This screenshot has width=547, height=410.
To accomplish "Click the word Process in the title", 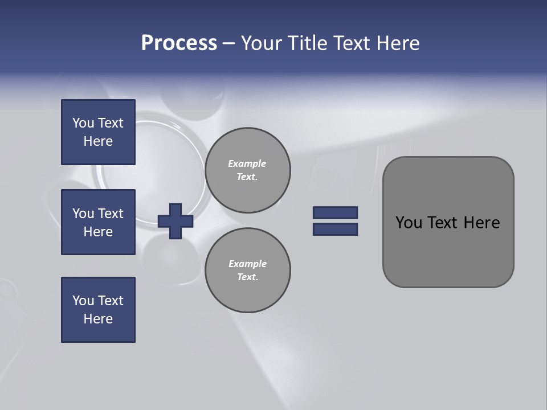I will pyautogui.click(x=179, y=43).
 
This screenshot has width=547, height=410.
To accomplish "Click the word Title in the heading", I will pyautogui.click(x=307, y=43).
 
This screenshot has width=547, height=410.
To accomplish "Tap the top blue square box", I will pyautogui.click(x=98, y=132).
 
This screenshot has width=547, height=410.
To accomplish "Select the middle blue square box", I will pyautogui.click(x=98, y=222).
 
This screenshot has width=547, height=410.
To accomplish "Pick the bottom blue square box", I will pyautogui.click(x=98, y=310).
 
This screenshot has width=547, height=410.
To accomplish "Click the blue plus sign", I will pyautogui.click(x=175, y=221).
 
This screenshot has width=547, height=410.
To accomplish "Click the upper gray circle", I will pyautogui.click(x=248, y=170).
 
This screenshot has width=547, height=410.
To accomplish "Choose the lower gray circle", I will pyautogui.click(x=248, y=270).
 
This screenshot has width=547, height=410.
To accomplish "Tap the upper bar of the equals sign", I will pyautogui.click(x=335, y=212).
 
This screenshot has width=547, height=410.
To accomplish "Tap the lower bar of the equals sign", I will pyautogui.click(x=335, y=229).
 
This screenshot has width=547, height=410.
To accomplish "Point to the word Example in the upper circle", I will pyautogui.click(x=247, y=163).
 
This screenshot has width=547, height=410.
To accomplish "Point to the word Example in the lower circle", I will pyautogui.click(x=247, y=264).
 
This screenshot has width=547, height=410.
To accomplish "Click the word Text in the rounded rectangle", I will pyautogui.click(x=443, y=223).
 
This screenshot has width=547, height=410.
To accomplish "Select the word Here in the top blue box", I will pyautogui.click(x=98, y=141).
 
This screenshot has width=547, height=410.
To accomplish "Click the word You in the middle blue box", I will pyautogui.click(x=83, y=214).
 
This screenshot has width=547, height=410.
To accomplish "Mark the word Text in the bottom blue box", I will pyautogui.click(x=111, y=301).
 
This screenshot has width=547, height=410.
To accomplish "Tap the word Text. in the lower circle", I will pyautogui.click(x=247, y=277).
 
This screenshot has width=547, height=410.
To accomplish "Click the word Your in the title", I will pyautogui.click(x=263, y=43).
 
